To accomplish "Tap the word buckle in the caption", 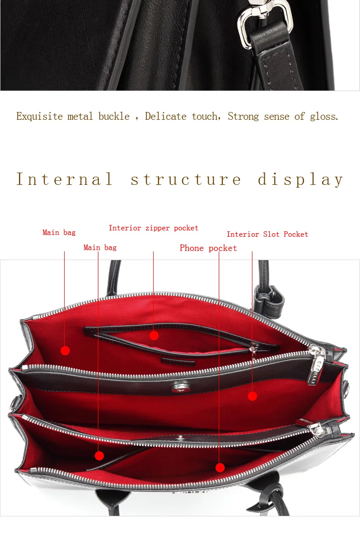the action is (x=114, y=117).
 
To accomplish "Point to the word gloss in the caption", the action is (x=324, y=117).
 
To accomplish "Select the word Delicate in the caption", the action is (x=166, y=117).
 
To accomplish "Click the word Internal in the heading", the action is (x=64, y=179).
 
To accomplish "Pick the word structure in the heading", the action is (x=186, y=179).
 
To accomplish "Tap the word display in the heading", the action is (x=301, y=179).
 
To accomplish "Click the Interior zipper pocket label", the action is (x=154, y=228).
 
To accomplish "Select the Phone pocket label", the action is (x=208, y=248).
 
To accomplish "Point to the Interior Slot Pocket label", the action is (x=267, y=235).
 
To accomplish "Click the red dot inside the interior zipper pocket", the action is (x=154, y=336).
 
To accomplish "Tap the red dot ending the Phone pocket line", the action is (x=220, y=468).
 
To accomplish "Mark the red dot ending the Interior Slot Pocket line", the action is (x=252, y=396).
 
